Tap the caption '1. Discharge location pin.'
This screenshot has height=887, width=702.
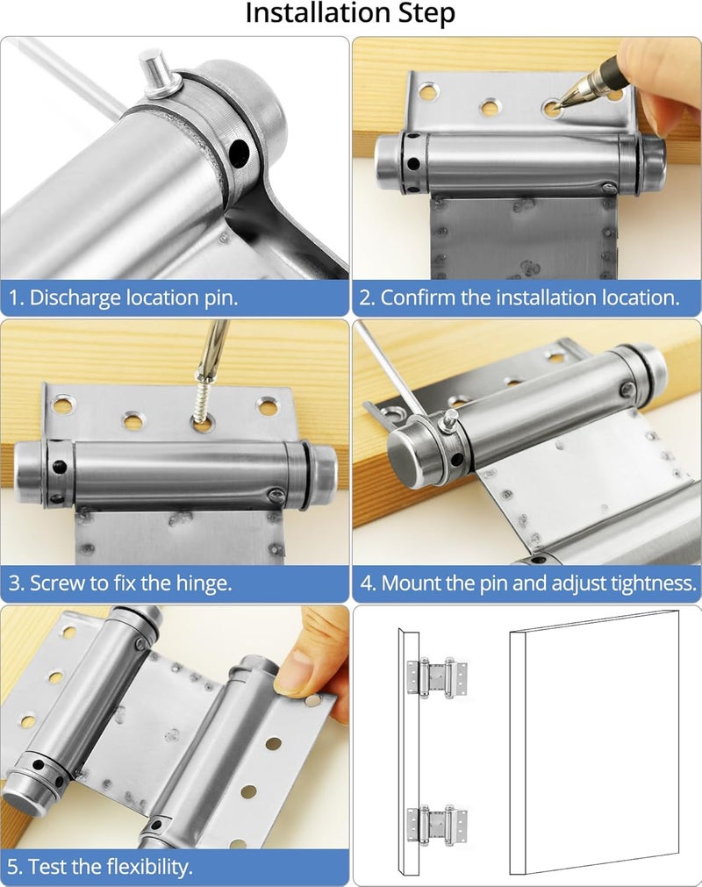(x=124, y=297)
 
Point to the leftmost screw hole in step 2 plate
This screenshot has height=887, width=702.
(x=427, y=90)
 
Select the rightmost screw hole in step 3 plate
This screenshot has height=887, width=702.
(x=267, y=406)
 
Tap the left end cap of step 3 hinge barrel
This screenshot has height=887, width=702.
(x=29, y=474)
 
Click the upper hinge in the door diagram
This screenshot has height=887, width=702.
(x=436, y=676)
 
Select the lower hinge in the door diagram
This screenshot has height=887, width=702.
(x=436, y=826)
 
